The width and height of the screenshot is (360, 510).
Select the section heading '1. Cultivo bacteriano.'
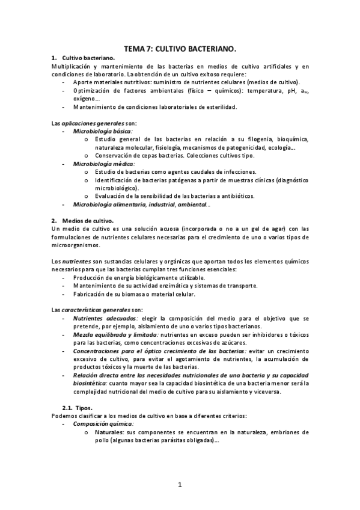89,57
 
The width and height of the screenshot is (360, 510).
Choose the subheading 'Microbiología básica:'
103,131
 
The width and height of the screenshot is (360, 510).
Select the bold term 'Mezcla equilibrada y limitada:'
115,334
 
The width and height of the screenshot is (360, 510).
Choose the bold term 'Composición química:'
103,424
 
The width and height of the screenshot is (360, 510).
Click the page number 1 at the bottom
179,484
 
